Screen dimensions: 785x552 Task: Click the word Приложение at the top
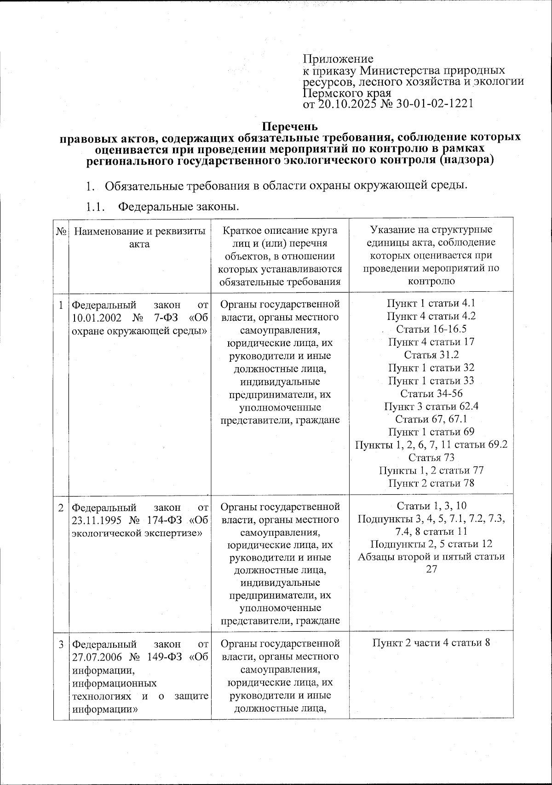(x=338, y=59)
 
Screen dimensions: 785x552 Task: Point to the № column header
(x=61, y=231)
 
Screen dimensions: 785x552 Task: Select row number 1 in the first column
(x=61, y=304)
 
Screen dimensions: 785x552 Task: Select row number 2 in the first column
(x=61, y=508)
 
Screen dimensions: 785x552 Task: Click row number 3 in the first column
(x=61, y=644)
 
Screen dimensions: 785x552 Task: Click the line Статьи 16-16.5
(x=431, y=329)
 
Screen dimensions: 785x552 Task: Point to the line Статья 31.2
(x=431, y=355)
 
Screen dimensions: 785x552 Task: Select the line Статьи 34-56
(x=431, y=393)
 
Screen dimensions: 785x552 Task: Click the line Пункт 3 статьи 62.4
(x=431, y=406)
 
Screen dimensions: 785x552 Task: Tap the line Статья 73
(x=431, y=457)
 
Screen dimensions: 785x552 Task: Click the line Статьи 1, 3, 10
(x=431, y=506)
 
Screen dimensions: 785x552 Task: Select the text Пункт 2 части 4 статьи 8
(x=431, y=643)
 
